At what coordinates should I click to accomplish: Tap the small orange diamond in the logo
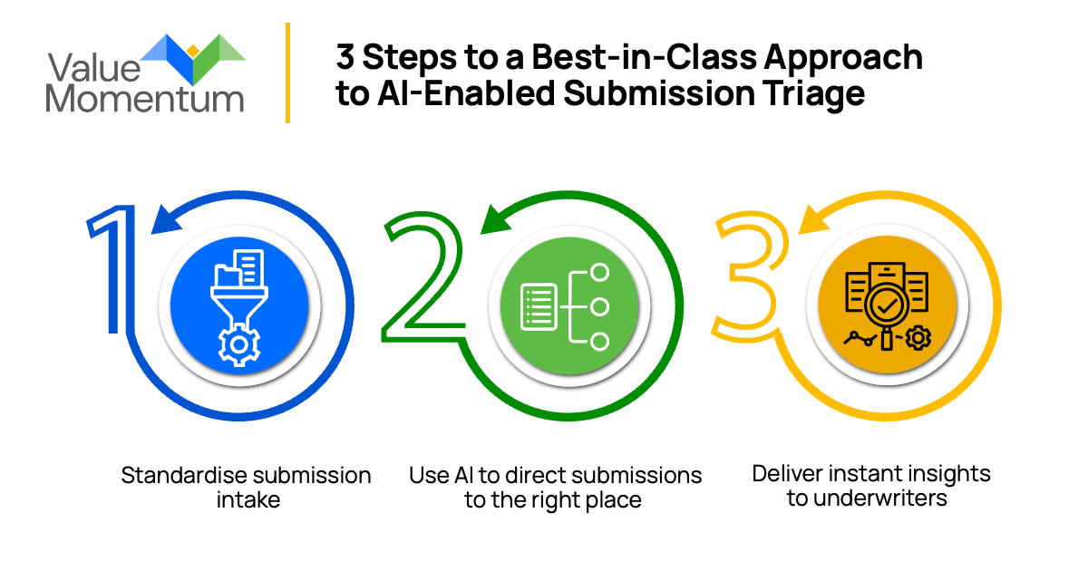192,50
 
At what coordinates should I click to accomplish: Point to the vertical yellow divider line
287,73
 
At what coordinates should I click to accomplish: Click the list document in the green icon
539,306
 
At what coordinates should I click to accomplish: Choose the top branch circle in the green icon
598,273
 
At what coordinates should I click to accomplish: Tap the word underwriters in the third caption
866,498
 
